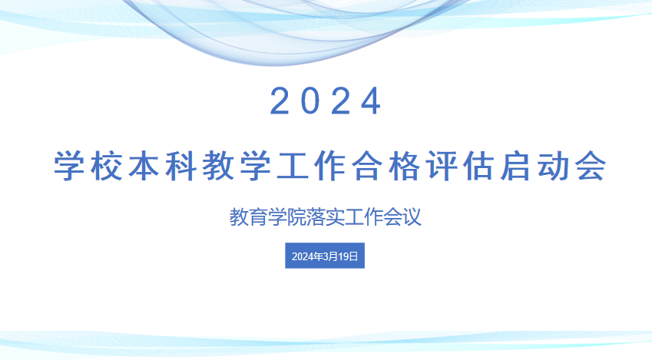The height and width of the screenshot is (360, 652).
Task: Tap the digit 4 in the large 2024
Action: point(370,101)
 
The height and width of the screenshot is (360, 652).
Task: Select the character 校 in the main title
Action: point(107,167)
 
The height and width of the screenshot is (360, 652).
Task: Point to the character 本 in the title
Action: point(144,167)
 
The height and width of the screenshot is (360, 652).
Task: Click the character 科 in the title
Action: point(180,167)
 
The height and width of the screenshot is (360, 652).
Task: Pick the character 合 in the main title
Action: point(367,167)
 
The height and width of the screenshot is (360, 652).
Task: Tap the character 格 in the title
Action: point(404,167)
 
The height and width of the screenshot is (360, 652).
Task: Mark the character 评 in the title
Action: point(442,167)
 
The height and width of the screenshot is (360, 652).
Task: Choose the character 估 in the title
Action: point(478,167)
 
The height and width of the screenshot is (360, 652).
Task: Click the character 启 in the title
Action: point(515,167)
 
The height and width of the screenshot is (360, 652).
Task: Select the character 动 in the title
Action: point(553,167)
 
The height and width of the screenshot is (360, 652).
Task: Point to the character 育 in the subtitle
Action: point(258,217)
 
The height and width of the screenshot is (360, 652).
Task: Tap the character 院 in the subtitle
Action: point(296,217)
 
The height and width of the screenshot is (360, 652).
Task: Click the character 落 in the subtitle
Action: point(316,217)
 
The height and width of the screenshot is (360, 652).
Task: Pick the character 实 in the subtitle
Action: point(335,217)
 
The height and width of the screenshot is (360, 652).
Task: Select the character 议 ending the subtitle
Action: point(412,217)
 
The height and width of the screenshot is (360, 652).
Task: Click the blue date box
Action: point(325,256)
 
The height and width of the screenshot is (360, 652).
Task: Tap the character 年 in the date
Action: point(318,256)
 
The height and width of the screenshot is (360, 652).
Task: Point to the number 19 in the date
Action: point(343,256)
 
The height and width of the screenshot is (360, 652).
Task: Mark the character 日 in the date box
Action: point(353,256)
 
